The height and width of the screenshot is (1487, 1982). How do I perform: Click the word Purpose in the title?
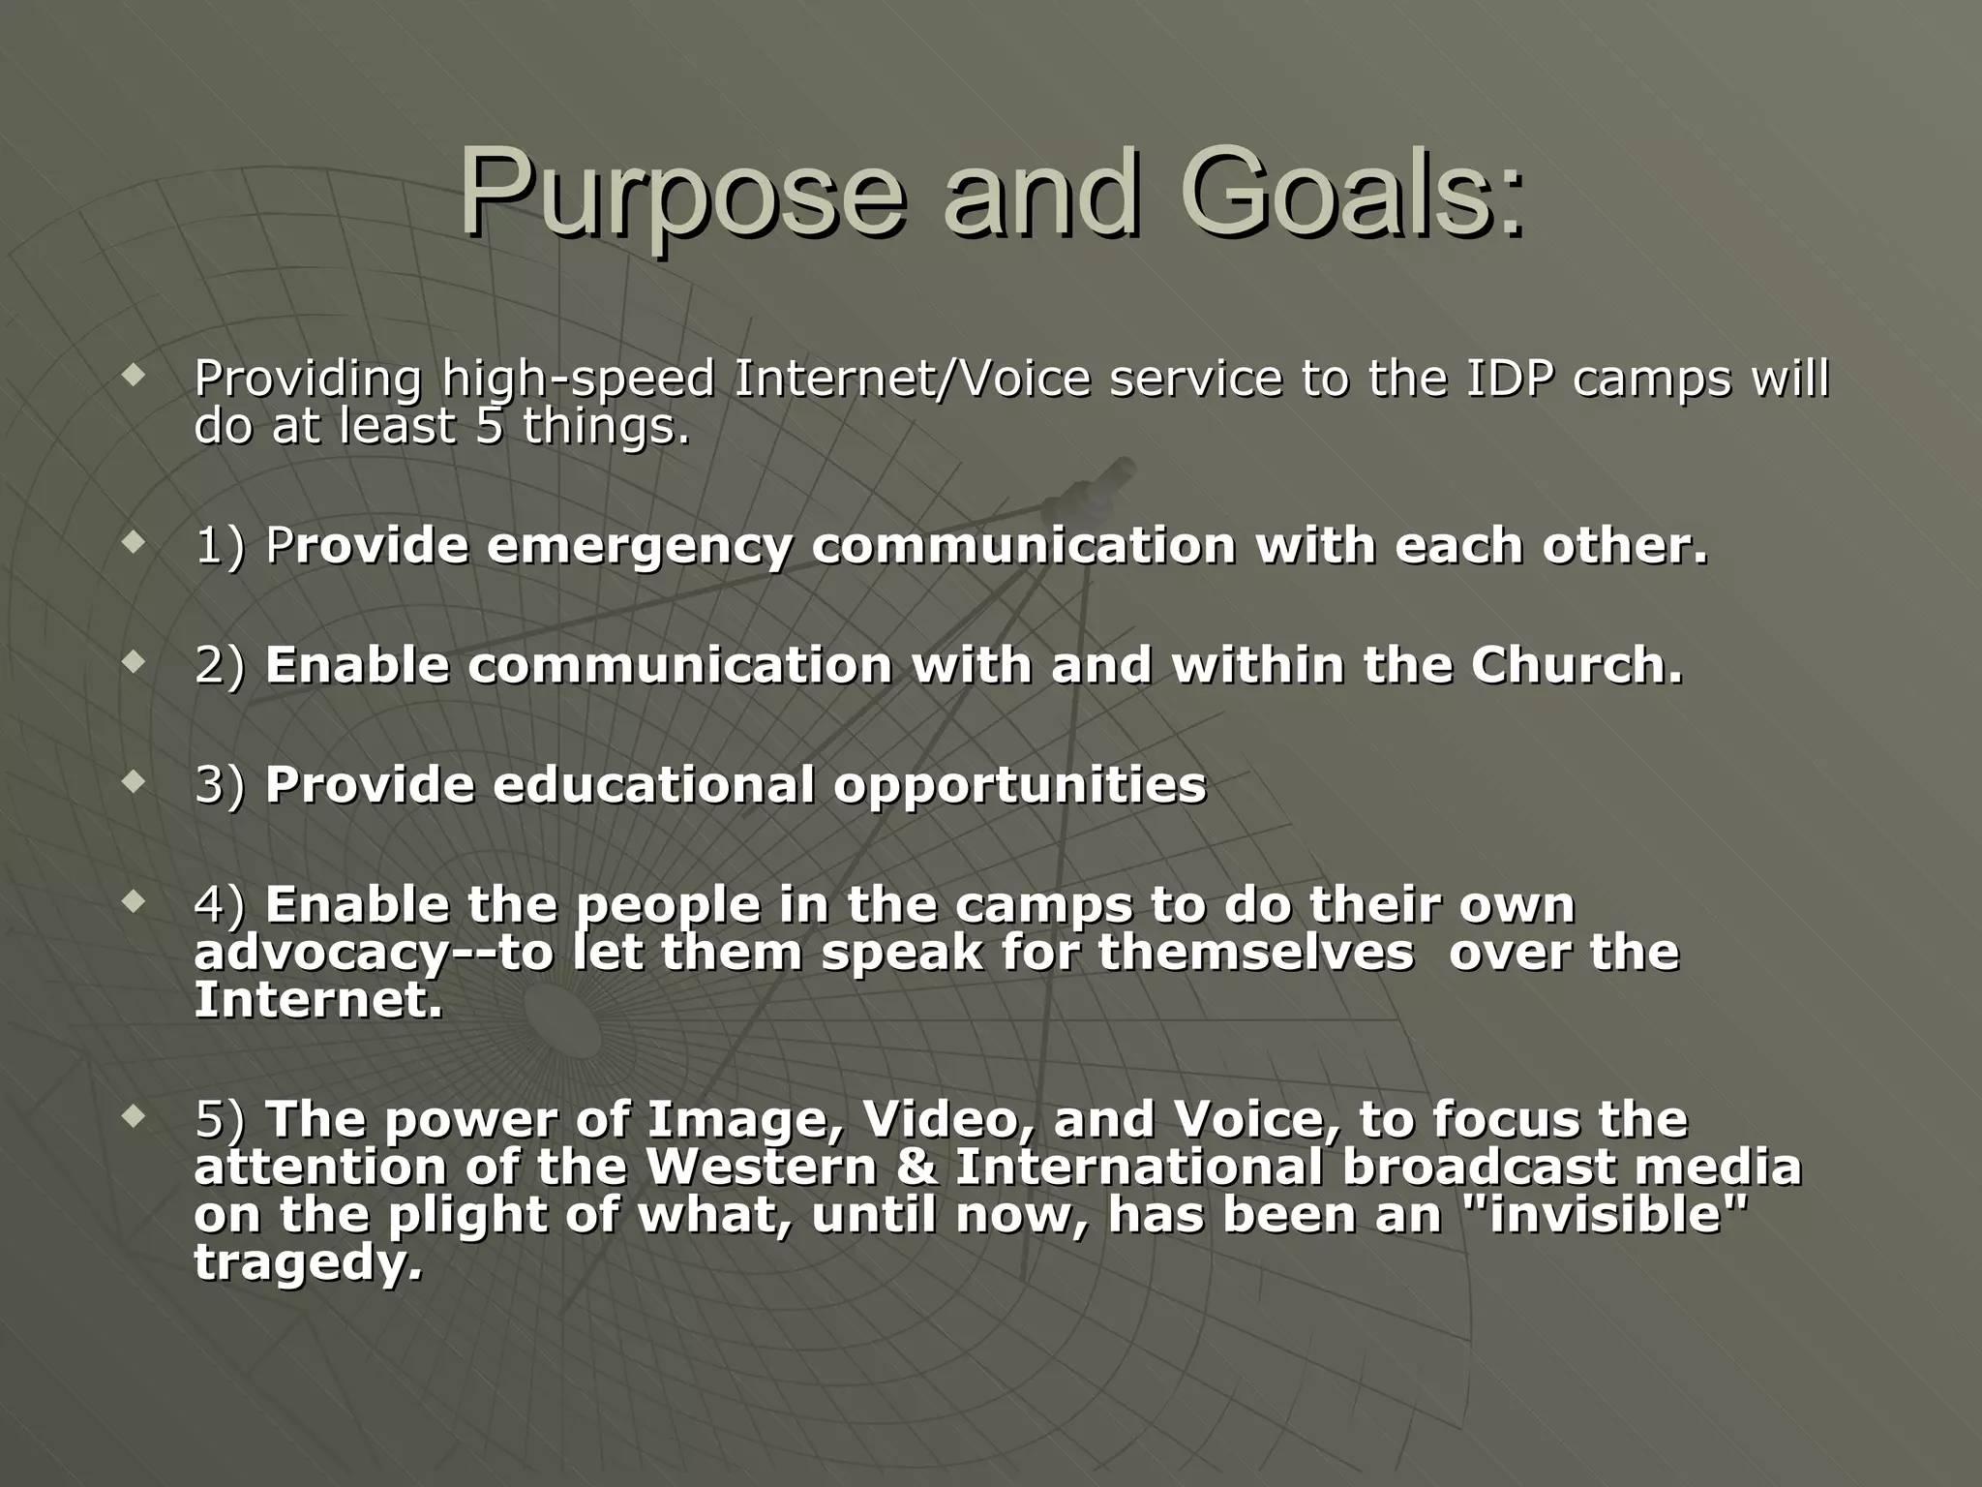tap(682, 194)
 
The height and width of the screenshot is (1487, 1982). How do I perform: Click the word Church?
tap(1577, 666)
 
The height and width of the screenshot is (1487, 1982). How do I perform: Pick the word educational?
tap(653, 785)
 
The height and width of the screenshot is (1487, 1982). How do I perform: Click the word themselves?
tap(1255, 952)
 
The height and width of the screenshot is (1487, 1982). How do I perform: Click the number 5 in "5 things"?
tap(489, 427)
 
